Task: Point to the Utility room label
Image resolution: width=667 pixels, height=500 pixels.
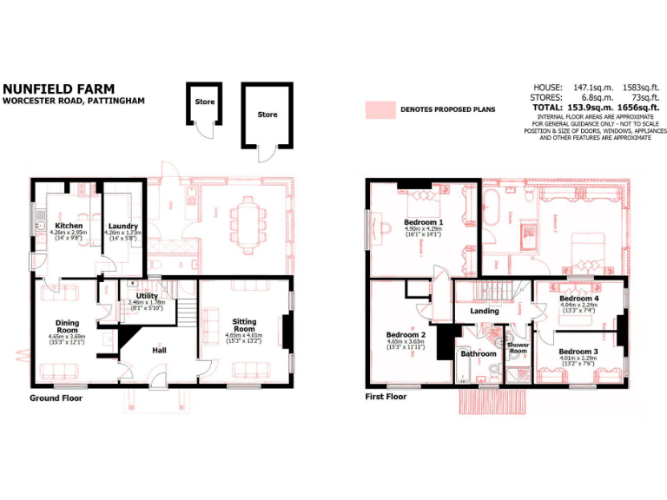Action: coord(147,296)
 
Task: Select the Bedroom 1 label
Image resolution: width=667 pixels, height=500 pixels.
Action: coord(424,223)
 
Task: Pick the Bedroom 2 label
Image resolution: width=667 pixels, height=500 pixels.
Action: coord(406,334)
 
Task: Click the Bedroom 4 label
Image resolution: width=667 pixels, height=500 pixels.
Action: coord(579,299)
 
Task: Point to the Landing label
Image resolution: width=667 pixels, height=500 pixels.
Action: coord(485,311)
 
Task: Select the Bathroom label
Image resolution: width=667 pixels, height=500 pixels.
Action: coord(478,353)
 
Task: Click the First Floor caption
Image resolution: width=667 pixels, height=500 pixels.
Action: coord(386,397)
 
